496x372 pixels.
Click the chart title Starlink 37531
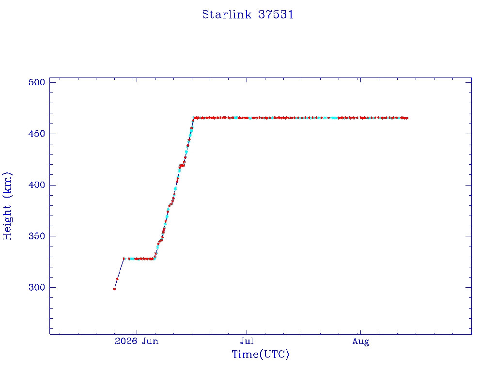pos(248,15)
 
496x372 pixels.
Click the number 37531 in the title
pos(276,15)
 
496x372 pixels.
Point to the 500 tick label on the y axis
pos(37,82)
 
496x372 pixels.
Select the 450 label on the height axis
pos(37,134)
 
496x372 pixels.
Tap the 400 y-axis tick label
pos(37,185)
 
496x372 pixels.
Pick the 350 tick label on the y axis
pos(37,236)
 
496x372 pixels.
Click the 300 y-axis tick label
pos(37,287)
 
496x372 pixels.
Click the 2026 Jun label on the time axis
pos(137,341)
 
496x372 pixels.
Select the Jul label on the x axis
pos(247,341)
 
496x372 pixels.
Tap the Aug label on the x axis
pos(360,341)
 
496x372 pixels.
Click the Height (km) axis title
pos(7,206)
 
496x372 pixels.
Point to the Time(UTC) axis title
pos(260,354)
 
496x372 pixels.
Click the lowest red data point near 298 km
pos(114,289)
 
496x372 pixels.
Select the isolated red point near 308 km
pos(117,279)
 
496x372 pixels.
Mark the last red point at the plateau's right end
pos(407,118)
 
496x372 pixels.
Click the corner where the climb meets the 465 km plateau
pos(194,118)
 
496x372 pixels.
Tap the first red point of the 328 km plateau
pos(124,259)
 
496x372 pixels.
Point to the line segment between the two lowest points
pos(116,284)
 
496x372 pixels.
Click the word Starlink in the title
pos(227,15)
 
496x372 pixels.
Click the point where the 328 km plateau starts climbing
pos(154,259)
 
